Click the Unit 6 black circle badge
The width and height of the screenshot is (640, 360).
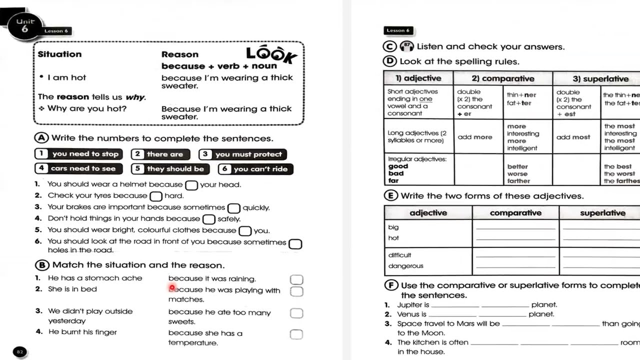(25, 26)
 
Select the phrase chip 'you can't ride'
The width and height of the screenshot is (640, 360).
(255, 169)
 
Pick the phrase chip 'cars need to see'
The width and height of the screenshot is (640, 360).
(78, 168)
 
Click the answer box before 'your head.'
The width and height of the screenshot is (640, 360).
(191, 185)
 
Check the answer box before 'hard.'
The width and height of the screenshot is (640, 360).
(156, 196)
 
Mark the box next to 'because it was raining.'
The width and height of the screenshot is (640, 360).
(296, 279)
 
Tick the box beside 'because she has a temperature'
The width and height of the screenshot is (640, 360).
(296, 334)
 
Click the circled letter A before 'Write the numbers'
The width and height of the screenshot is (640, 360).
(41, 138)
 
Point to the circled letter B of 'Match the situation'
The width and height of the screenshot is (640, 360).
(42, 265)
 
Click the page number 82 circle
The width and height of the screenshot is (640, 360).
(20, 352)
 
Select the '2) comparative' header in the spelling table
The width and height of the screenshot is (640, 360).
(502, 78)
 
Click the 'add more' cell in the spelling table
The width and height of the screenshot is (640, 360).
(474, 137)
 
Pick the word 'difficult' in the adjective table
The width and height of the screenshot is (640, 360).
(399, 255)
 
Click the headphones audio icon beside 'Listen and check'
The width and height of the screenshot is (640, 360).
(407, 46)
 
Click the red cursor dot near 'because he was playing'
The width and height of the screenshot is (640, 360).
(172, 288)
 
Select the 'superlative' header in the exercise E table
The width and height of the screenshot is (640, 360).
(602, 213)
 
